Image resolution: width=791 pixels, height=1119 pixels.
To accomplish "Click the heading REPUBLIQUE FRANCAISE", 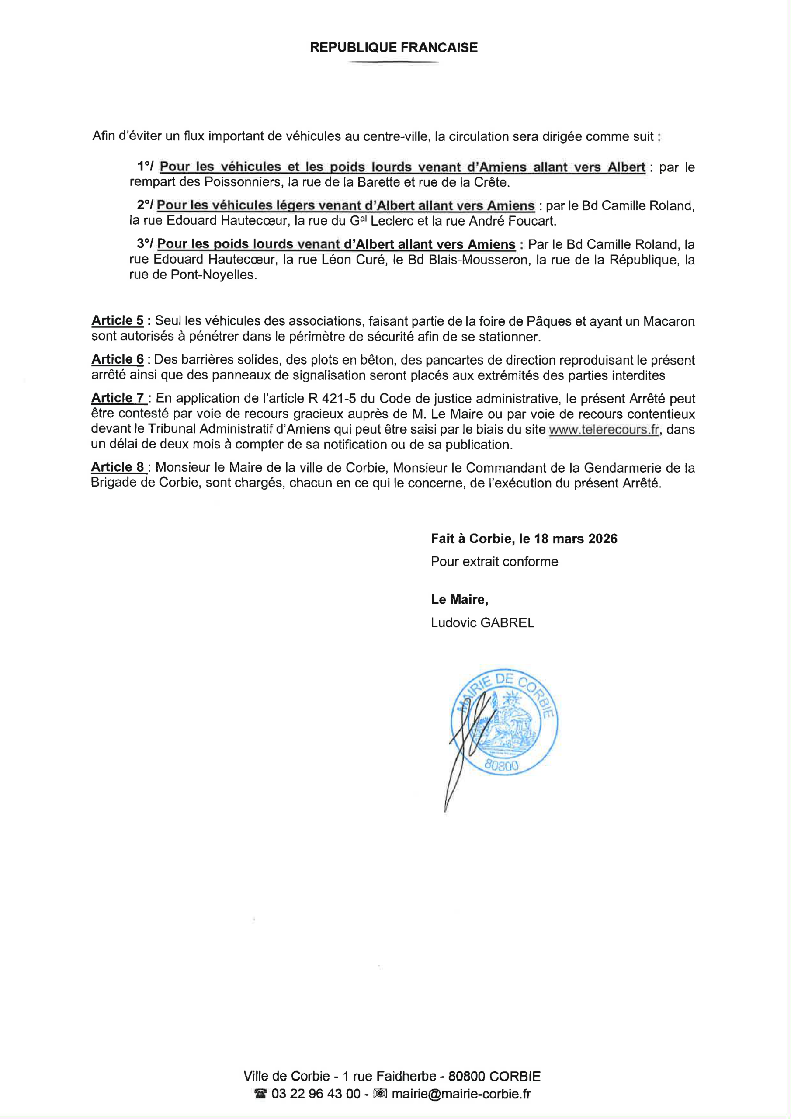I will (393, 47).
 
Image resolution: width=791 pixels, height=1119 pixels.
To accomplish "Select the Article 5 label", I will (118, 321).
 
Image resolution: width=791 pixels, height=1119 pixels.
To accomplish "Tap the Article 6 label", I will (118, 359).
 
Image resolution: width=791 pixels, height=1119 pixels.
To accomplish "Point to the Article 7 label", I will (118, 398).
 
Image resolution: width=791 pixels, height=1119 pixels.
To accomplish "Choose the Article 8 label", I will (118, 467).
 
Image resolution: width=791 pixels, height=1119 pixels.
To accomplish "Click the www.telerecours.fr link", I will (604, 429).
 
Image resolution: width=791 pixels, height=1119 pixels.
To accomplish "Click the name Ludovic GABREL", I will (482, 622).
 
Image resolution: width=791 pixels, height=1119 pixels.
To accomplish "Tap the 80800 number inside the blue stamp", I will (502, 766).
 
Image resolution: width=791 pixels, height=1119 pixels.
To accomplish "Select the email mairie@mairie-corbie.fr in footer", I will (461, 1094).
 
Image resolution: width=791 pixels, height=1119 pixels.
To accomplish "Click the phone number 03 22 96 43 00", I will (316, 1094).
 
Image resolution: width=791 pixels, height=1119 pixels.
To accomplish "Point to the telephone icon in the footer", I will (261, 1094).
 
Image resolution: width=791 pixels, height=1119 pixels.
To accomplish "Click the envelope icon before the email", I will (380, 1094).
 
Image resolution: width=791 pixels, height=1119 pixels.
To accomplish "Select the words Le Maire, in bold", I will (459, 599).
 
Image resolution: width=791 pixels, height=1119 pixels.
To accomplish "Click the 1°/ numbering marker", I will (145, 167).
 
